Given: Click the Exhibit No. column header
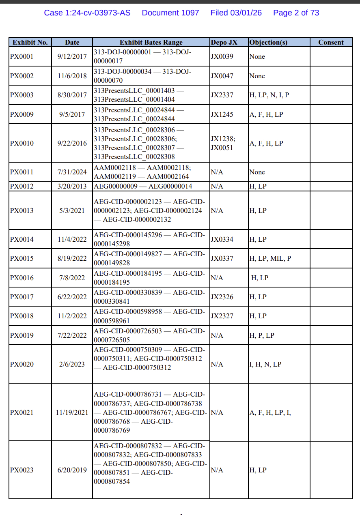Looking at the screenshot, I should click(x=30, y=42).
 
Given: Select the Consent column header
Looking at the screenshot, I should click(x=331, y=42).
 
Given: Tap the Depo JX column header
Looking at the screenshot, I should click(x=224, y=42).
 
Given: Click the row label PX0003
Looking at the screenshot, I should click(x=22, y=95).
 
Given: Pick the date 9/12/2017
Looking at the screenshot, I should click(x=72, y=57).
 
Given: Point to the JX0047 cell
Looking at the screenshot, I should click(x=222, y=76).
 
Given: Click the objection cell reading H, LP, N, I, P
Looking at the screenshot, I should click(x=269, y=95).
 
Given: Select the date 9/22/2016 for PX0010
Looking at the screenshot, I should click(x=72, y=144).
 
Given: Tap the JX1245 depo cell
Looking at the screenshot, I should click(x=222, y=115).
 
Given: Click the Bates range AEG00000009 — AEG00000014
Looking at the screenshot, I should click(x=143, y=187).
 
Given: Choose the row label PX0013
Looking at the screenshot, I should click(x=22, y=211).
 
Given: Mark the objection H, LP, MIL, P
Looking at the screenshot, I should click(x=270, y=259).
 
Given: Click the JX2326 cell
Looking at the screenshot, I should click(x=222, y=297).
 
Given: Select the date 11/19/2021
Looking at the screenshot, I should click(x=72, y=413).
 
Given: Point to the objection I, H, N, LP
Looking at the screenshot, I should click(x=265, y=365).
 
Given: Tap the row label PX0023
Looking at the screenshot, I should click(x=22, y=470).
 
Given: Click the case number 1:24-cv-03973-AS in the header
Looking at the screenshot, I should click(x=87, y=13).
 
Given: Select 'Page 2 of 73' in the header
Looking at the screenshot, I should click(x=296, y=13).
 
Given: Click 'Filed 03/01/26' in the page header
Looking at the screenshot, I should click(x=236, y=13).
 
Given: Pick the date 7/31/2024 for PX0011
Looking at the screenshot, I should click(x=72, y=172).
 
